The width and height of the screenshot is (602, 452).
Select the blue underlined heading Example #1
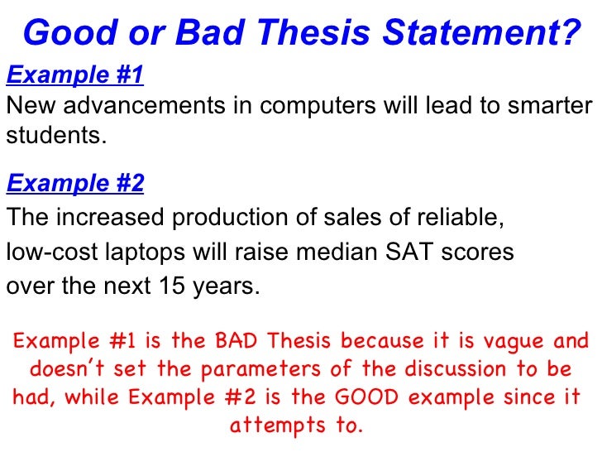(75, 75)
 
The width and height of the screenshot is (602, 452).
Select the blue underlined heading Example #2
(75, 183)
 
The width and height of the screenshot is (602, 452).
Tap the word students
(56, 134)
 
